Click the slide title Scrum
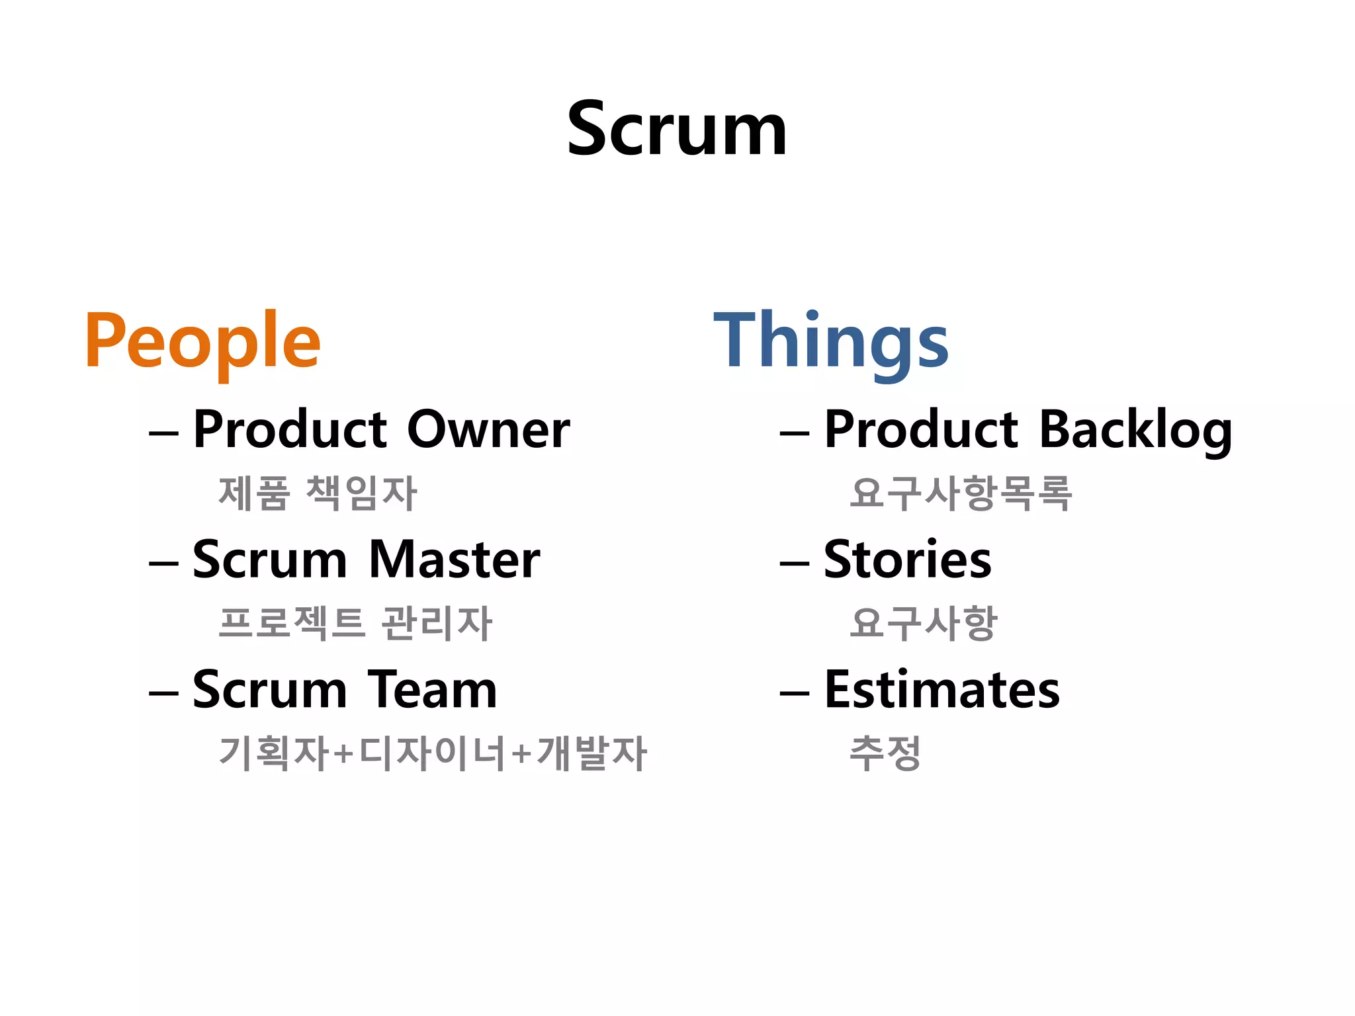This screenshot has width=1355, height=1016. (x=677, y=129)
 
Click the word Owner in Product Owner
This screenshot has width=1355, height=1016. (x=488, y=430)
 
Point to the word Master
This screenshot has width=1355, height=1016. (x=454, y=560)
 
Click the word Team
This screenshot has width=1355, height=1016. (x=431, y=690)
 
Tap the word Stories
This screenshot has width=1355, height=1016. (x=907, y=560)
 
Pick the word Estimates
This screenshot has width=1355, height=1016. (x=941, y=690)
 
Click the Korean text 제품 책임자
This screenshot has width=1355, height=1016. (x=318, y=493)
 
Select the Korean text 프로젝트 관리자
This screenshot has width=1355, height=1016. (x=355, y=623)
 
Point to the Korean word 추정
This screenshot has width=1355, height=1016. (x=885, y=753)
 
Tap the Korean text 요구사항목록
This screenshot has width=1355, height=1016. (x=961, y=493)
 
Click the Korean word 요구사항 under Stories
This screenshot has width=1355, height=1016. (x=923, y=623)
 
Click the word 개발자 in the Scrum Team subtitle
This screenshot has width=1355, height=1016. (x=591, y=753)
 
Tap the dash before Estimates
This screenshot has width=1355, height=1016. (x=795, y=694)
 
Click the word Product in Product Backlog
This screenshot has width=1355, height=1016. (x=920, y=430)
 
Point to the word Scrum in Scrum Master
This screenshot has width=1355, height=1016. (x=269, y=560)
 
